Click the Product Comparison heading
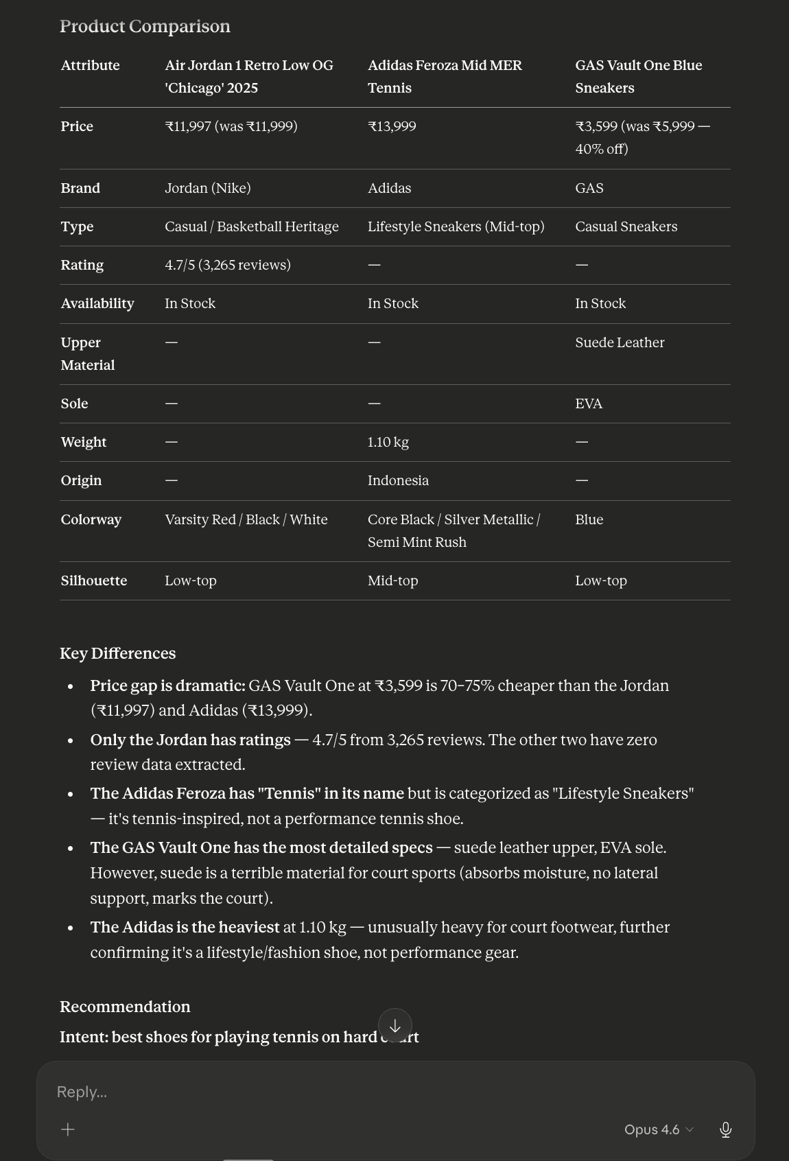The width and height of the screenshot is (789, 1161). pos(145,26)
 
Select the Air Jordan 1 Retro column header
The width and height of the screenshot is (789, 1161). pos(248,76)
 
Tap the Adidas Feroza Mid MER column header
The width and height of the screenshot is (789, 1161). pos(445,76)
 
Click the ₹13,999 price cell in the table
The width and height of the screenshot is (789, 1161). pos(392,126)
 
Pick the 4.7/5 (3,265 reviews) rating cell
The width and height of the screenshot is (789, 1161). pos(227,265)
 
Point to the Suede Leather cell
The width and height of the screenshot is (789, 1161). pos(620,342)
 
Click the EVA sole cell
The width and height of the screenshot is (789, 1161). pos(589,403)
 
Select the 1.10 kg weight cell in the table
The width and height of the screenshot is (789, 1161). pos(388,442)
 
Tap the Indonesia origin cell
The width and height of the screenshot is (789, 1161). pos(398,480)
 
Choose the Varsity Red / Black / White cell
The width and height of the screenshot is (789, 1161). pos(246,519)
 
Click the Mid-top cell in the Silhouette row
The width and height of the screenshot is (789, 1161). pos(392,580)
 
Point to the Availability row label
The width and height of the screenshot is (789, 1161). pos(97,303)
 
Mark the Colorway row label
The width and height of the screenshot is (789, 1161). pos(91,519)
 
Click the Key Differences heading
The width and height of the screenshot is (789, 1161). pos(117,653)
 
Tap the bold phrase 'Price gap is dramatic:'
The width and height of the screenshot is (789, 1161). pos(167,685)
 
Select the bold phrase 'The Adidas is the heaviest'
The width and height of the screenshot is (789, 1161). pos(185,927)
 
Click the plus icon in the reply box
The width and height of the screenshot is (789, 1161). pos(68,1129)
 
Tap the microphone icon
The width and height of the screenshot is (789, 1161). pos(725,1129)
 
